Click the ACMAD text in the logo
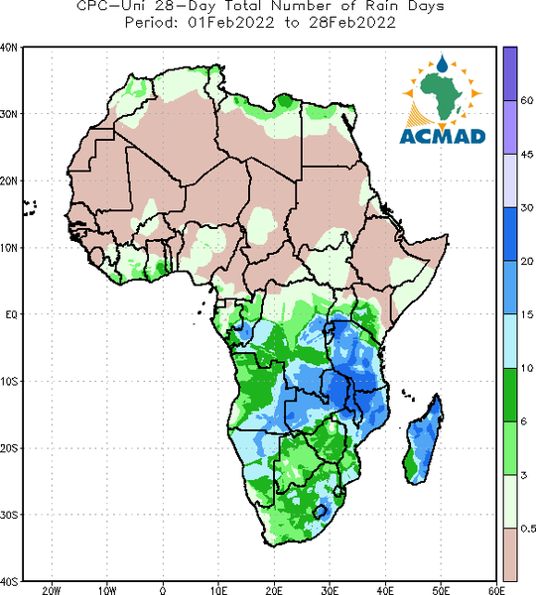click(443, 136)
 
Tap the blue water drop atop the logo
click(442, 63)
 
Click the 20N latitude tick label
click(8, 181)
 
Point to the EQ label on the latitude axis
click(11, 314)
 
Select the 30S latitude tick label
click(8, 515)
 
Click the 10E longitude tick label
click(218, 590)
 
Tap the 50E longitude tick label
click(441, 590)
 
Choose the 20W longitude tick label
click(52, 590)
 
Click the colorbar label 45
click(527, 155)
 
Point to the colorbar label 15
click(526, 314)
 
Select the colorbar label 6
click(524, 421)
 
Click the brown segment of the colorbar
click(510, 554)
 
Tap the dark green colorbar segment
click(510, 395)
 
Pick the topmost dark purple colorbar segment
click(510, 73)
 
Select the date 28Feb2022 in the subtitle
click(352, 23)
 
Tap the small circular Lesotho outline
click(320, 511)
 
